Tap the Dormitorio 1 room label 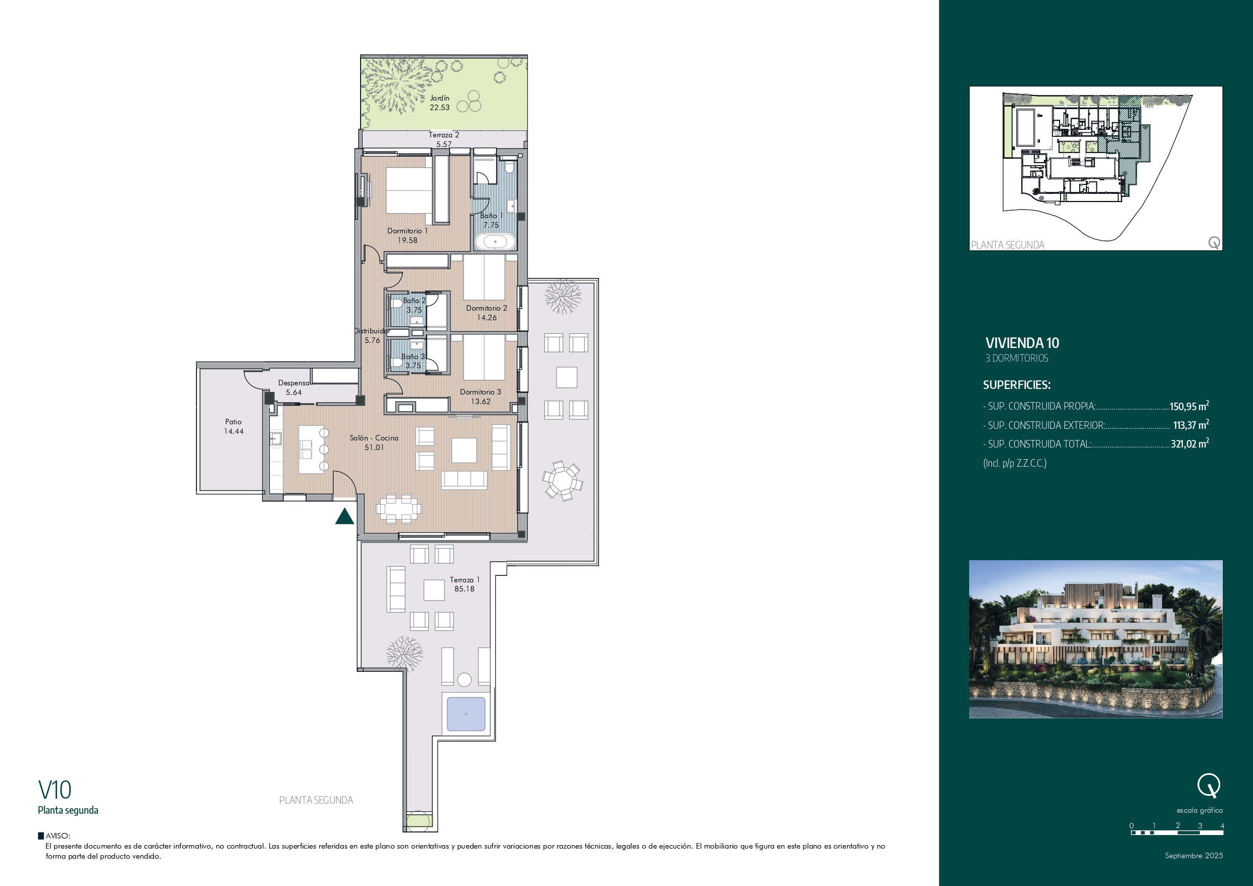pyautogui.click(x=407, y=231)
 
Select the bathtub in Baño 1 pyautogui.click(x=495, y=241)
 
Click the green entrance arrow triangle pyautogui.click(x=344, y=516)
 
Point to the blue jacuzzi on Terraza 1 pyautogui.click(x=466, y=713)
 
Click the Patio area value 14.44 pyautogui.click(x=233, y=431)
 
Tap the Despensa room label pyautogui.click(x=293, y=383)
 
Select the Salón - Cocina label pyautogui.click(x=374, y=438)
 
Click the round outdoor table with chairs pyautogui.click(x=563, y=481)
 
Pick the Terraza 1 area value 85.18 pyautogui.click(x=465, y=589)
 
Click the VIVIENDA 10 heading pyautogui.click(x=1022, y=343)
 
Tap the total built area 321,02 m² pyautogui.click(x=1190, y=444)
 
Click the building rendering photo pyautogui.click(x=1095, y=638)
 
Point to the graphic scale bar pyautogui.click(x=1177, y=832)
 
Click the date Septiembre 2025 pyautogui.click(x=1194, y=855)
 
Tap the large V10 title pyautogui.click(x=55, y=790)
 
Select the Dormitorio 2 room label pyautogui.click(x=486, y=309)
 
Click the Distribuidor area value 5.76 pyautogui.click(x=372, y=340)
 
